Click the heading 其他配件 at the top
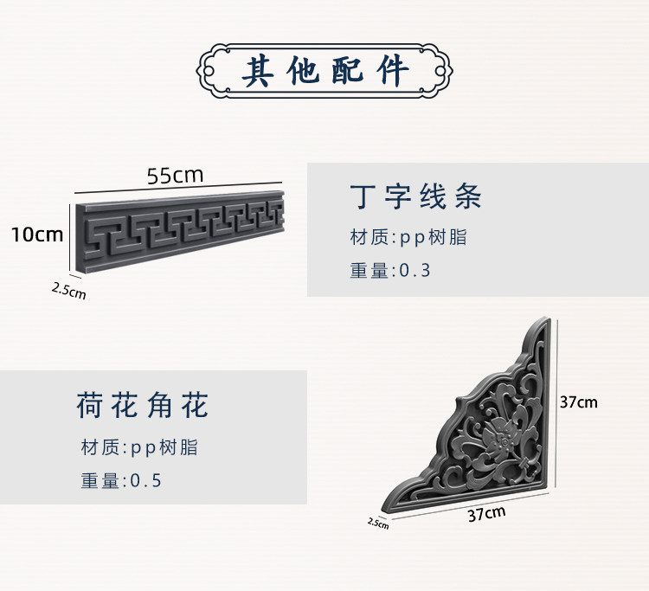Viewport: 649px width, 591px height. point(325,71)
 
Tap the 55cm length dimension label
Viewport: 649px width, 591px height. point(175,175)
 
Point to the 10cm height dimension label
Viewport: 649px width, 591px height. point(37,234)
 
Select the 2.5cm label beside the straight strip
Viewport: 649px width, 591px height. point(68,290)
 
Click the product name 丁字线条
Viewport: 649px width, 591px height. point(415,197)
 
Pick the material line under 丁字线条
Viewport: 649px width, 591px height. point(408,237)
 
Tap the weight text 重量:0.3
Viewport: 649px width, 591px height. point(390,270)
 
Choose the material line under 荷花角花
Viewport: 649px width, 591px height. point(139,447)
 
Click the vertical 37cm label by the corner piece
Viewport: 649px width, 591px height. point(578,401)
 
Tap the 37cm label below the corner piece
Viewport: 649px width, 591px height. point(486,514)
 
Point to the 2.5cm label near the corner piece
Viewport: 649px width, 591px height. point(378,522)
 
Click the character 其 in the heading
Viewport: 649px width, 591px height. point(259,71)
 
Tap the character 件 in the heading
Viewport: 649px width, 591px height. point(392,71)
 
